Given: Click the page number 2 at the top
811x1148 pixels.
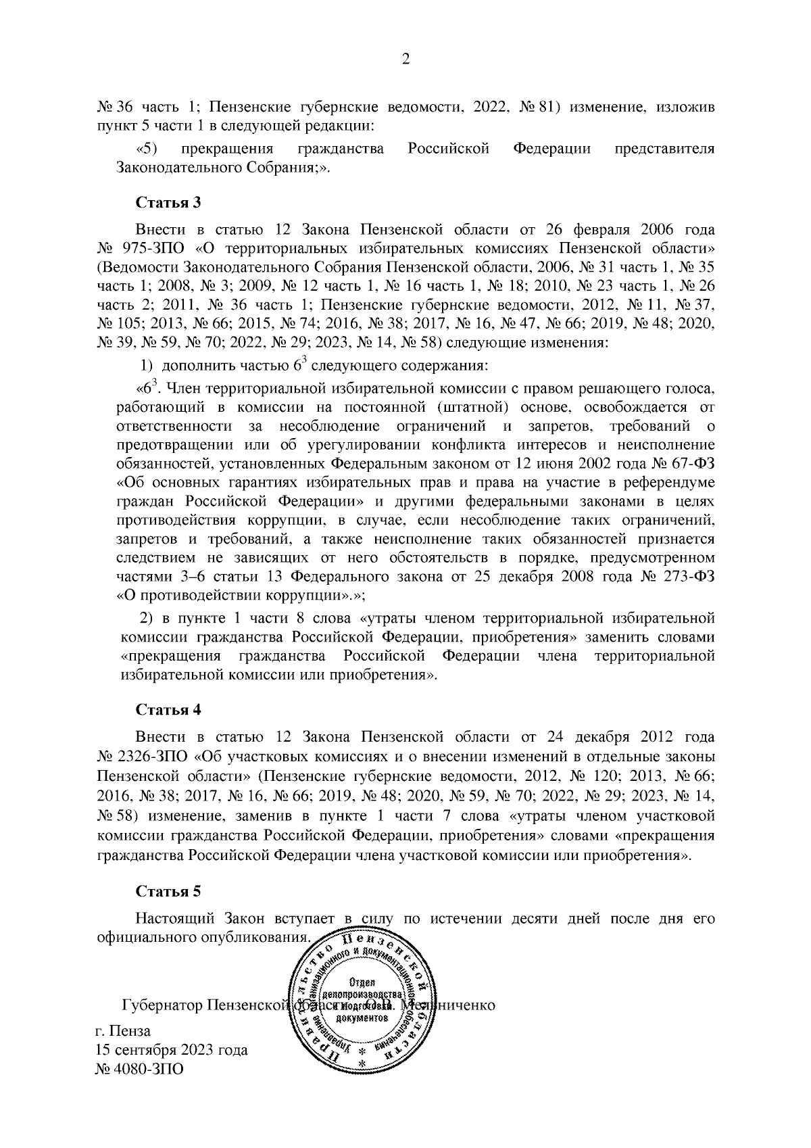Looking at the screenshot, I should pyautogui.click(x=405, y=60).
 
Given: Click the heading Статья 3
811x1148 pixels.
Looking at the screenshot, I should pyautogui.click(x=168, y=202).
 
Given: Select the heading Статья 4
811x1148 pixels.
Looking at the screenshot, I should pyautogui.click(x=168, y=710).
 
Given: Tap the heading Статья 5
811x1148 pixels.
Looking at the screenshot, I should pyautogui.click(x=168, y=890).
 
